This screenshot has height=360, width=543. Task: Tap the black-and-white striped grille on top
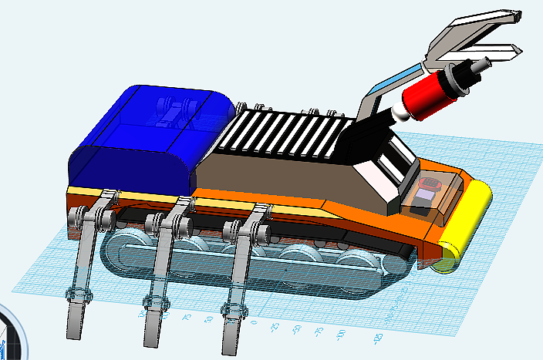coord(285,135)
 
